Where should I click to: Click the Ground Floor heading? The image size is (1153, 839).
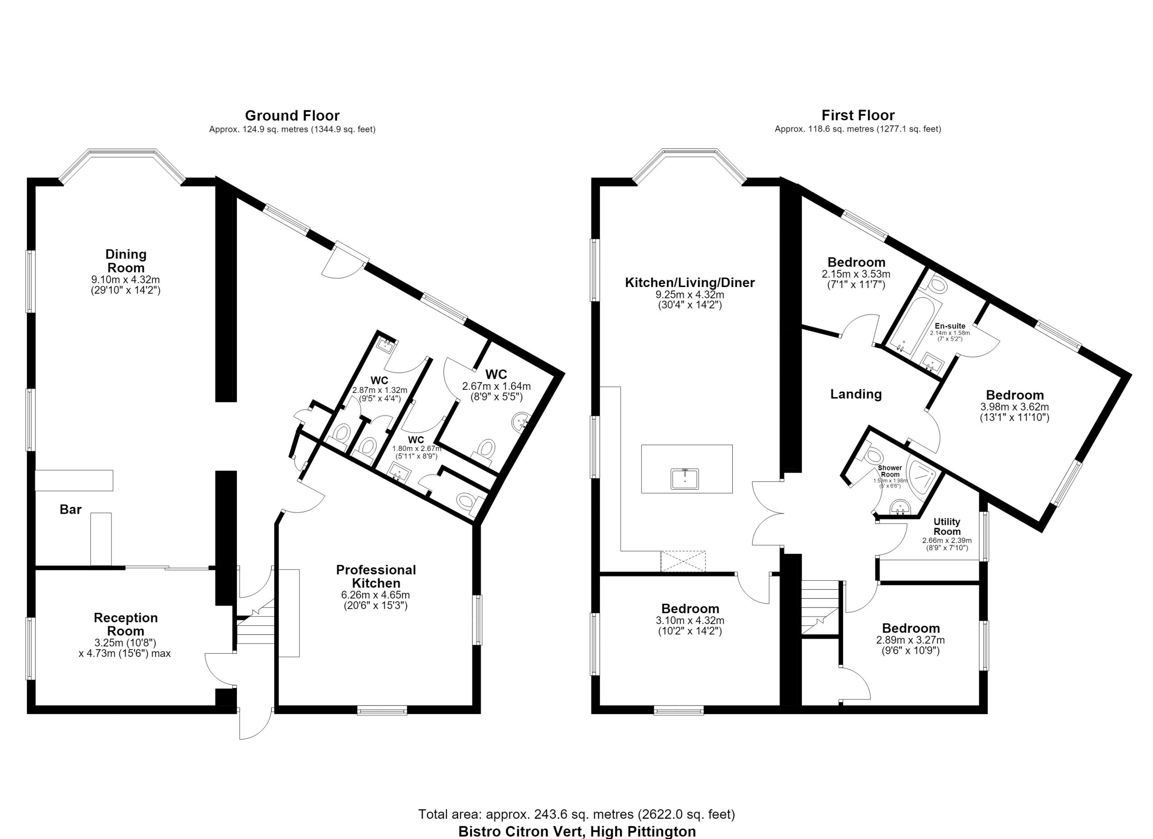(x=292, y=115)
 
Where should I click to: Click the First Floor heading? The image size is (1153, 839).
(x=858, y=115)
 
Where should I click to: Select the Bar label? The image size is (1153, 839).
(x=71, y=510)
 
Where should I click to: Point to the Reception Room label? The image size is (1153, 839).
(x=126, y=625)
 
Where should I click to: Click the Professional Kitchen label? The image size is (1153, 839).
(x=376, y=576)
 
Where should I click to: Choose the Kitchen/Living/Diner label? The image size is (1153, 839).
(x=690, y=282)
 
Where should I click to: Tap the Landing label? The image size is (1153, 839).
(x=856, y=394)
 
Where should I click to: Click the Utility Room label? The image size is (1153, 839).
(x=947, y=526)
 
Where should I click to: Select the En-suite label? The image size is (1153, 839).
(x=950, y=326)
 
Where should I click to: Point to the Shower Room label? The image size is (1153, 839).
(x=890, y=471)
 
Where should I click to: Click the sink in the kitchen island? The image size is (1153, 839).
(x=685, y=479)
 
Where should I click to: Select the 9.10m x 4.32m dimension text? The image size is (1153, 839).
(x=126, y=280)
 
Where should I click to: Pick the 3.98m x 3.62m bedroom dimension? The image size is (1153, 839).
(x=1015, y=407)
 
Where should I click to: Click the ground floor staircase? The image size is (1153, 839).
(x=256, y=626)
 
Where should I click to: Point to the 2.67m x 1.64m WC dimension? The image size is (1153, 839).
(x=496, y=387)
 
